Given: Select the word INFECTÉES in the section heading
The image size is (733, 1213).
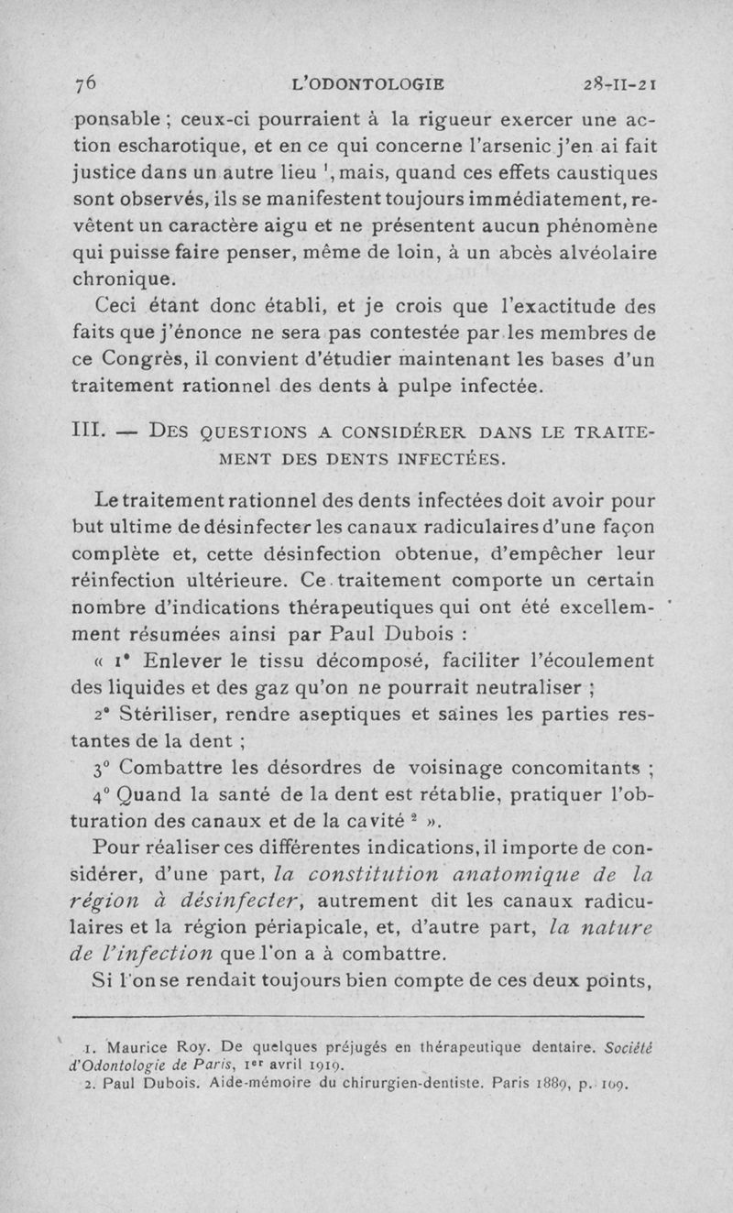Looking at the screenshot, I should click(x=449, y=457).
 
